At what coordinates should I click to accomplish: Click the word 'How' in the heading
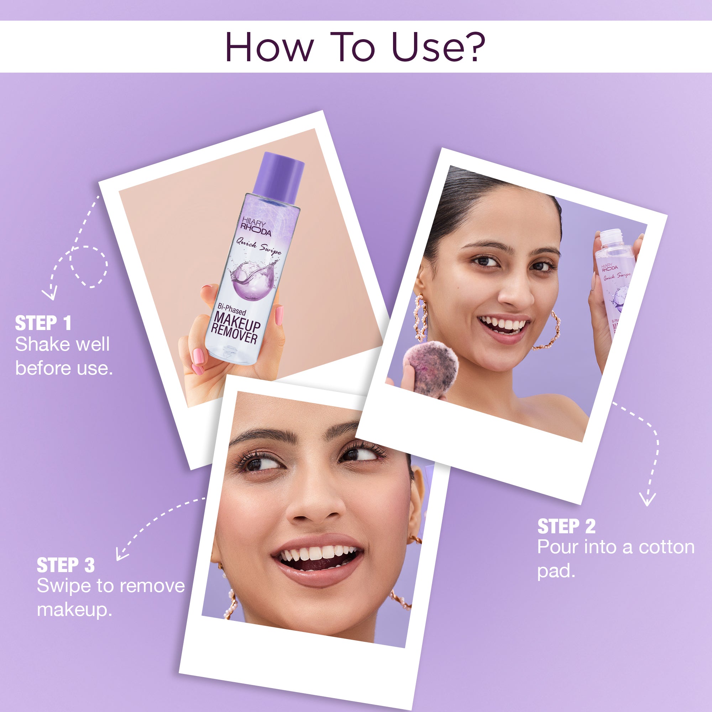coord(269,47)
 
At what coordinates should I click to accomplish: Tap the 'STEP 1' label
coord(43,323)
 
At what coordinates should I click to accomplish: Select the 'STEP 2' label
coord(566,526)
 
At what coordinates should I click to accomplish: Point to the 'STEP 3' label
coord(66,565)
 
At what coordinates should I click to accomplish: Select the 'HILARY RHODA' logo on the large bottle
coord(256,227)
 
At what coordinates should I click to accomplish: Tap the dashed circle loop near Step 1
coord(90,266)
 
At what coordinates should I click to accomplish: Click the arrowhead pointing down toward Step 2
coord(647,499)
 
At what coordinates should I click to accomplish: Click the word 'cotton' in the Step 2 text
coord(666,547)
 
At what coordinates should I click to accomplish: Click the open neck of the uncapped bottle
coord(610,234)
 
